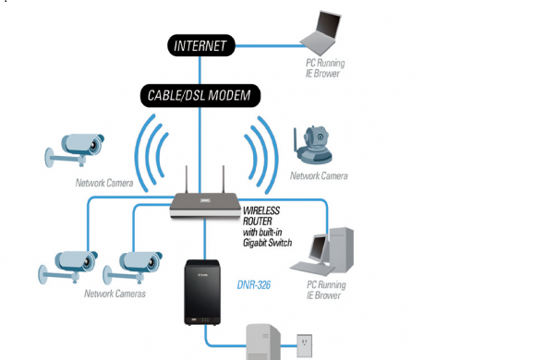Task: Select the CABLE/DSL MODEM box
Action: pos(200,94)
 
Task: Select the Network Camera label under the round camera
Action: pos(319,175)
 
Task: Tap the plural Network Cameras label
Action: pos(115,294)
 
